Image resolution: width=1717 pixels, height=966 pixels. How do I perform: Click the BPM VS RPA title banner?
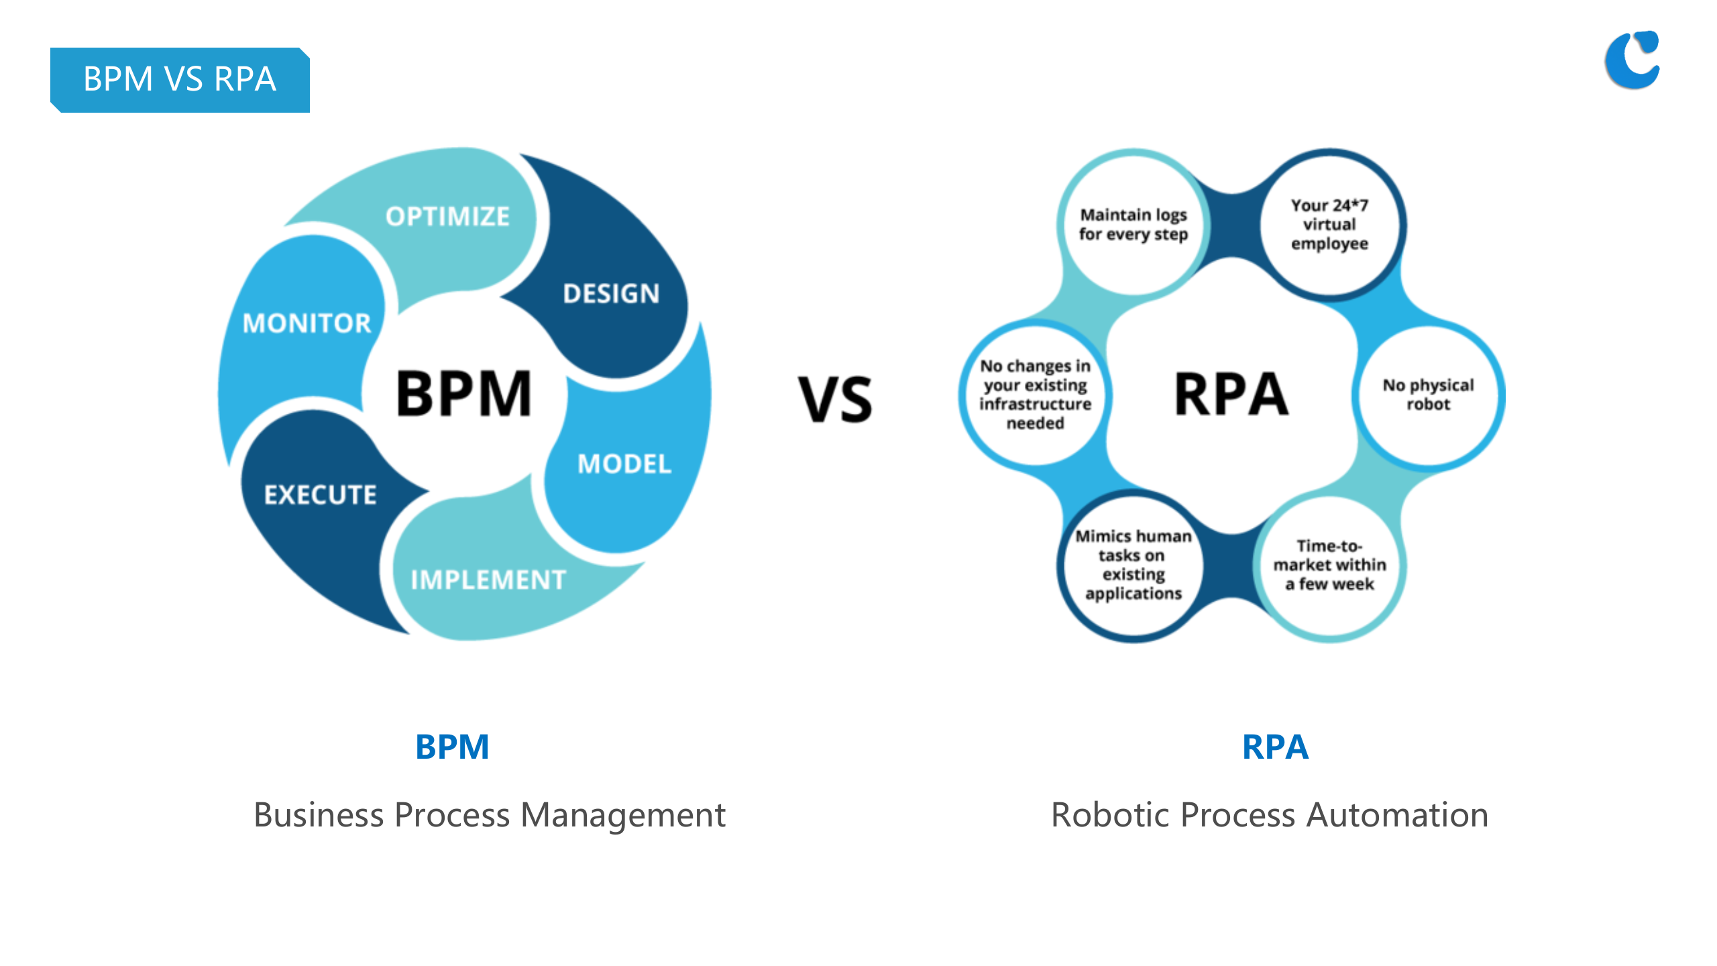(180, 79)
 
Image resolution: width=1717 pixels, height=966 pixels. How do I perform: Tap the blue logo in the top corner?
(1632, 60)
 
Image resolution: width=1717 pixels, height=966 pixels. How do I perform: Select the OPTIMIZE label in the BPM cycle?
(447, 217)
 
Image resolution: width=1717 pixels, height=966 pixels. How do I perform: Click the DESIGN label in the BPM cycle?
(611, 294)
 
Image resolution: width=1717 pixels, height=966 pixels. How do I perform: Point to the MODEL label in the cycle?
(624, 464)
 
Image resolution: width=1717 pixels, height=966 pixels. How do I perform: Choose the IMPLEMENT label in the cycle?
(488, 580)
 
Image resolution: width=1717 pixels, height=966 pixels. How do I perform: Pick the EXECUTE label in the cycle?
(321, 495)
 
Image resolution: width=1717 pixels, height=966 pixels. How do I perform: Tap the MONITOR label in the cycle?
(307, 323)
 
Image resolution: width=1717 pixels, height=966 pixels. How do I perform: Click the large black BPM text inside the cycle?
(463, 394)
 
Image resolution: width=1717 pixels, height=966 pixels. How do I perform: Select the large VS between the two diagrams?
(835, 400)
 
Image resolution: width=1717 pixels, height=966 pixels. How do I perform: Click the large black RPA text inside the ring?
(1231, 394)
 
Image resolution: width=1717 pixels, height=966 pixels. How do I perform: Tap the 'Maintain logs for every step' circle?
(1133, 224)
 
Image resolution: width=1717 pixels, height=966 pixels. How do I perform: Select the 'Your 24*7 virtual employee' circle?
(1329, 224)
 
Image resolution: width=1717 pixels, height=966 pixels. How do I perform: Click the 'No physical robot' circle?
(1428, 394)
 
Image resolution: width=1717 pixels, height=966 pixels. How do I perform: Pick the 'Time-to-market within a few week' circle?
(1329, 565)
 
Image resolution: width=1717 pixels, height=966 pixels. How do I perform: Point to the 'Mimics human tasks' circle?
(1133, 565)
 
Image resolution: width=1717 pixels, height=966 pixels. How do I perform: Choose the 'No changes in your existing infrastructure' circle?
(1035, 394)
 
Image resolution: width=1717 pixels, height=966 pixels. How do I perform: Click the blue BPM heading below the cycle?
(452, 747)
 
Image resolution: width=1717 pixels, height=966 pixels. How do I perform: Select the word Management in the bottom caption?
(623, 815)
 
